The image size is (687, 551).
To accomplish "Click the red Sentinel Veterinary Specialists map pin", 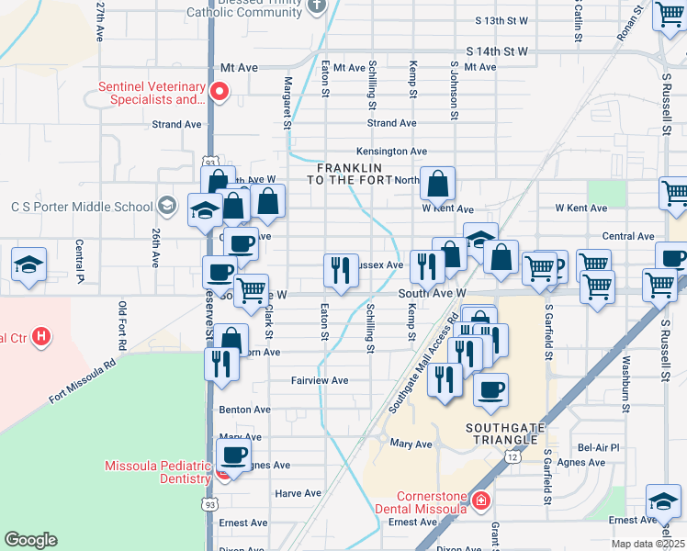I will tap(219, 91).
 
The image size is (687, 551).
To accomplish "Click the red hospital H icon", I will tap(40, 337).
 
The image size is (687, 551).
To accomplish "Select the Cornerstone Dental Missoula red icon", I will tap(480, 500).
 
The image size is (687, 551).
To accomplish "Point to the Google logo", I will tap(30, 540).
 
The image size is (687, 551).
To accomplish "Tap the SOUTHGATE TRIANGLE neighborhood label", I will tap(504, 435).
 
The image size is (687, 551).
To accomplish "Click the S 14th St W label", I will tap(497, 52).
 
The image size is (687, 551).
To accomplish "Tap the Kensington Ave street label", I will tap(391, 152).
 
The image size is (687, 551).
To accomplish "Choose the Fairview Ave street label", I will tap(320, 380).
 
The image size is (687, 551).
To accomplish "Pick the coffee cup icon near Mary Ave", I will tap(233, 454).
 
